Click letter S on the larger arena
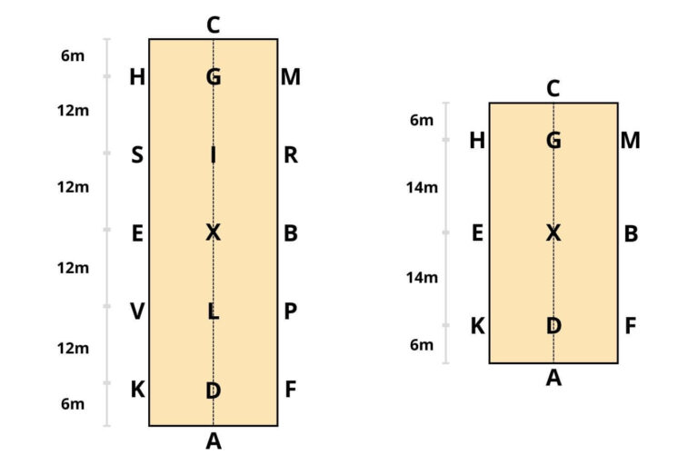[137, 155]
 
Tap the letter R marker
[291, 155]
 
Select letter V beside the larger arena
[137, 312]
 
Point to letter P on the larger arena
[291, 312]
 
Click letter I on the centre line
[213, 155]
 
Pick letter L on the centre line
[213, 312]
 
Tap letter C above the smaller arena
[553, 89]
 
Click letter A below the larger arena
[213, 441]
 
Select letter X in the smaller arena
[553, 233]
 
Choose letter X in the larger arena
[213, 233]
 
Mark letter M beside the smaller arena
[630, 141]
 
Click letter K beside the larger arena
[137, 390]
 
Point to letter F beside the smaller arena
[630, 326]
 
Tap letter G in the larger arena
[213, 77]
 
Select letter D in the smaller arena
[553, 326]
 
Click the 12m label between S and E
[73, 188]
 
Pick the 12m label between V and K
[73, 348]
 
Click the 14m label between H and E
[422, 188]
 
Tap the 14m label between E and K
[422, 277]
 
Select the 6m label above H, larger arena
[73, 55]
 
